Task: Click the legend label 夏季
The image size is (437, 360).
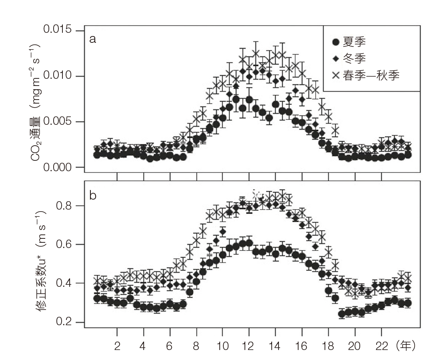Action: [x=354, y=42]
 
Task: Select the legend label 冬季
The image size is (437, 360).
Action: [x=354, y=59]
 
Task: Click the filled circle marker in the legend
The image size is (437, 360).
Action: [x=336, y=42]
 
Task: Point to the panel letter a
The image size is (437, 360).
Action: [x=92, y=39]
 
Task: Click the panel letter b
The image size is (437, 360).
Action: [x=93, y=196]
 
